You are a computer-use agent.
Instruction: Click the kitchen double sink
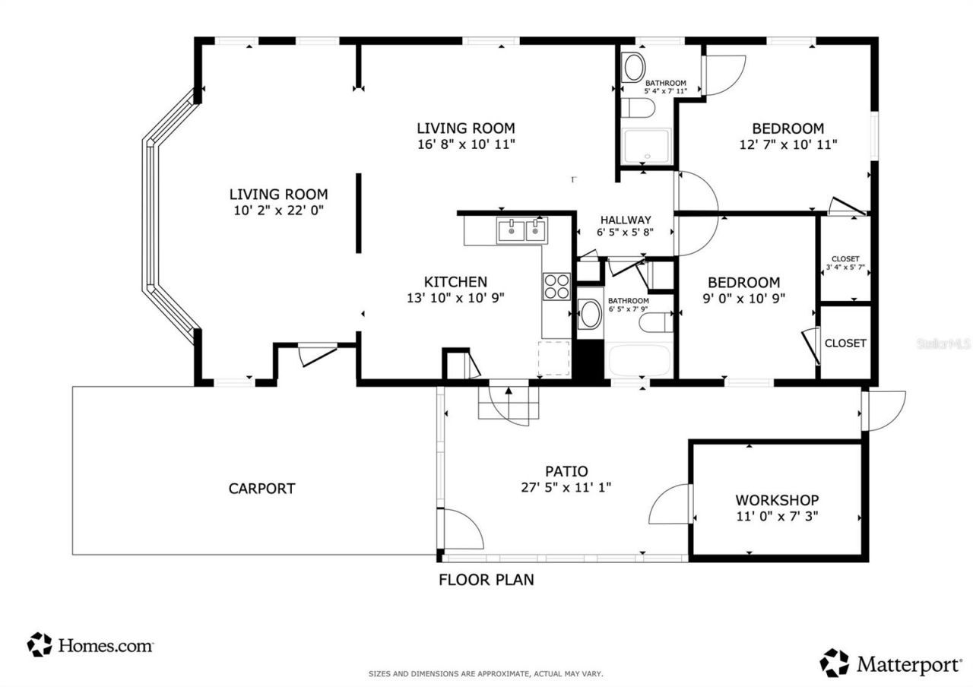pyautogui.click(x=521, y=230)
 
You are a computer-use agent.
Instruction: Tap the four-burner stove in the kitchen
pyautogui.click(x=556, y=286)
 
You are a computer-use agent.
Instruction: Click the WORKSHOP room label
pyautogui.click(x=776, y=500)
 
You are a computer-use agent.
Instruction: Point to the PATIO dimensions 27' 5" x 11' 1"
pyautogui.click(x=566, y=488)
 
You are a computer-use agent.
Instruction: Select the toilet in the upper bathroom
pyautogui.click(x=637, y=108)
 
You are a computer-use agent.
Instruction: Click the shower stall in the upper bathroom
pyautogui.click(x=646, y=147)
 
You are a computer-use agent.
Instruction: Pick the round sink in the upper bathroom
pyautogui.click(x=633, y=68)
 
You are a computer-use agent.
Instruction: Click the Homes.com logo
pyautogui.click(x=90, y=645)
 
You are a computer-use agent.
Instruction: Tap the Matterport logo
pyautogui.click(x=890, y=663)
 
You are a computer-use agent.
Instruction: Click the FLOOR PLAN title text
pyautogui.click(x=486, y=580)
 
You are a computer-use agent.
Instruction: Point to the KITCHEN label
pyautogui.click(x=455, y=282)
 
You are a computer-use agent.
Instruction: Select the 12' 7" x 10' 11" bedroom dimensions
pyautogui.click(x=788, y=144)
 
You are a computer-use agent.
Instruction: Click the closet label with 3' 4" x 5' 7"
pyautogui.click(x=845, y=263)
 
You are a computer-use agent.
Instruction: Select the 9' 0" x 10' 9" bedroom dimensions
pyautogui.click(x=744, y=298)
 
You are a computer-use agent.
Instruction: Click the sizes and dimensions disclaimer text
pyautogui.click(x=486, y=673)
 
